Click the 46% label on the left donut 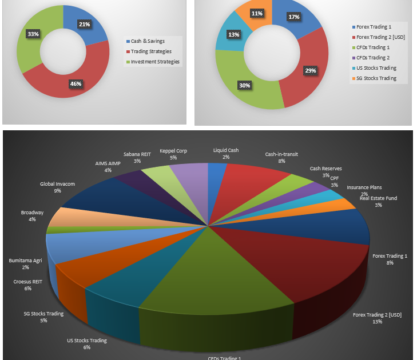tap(76, 84)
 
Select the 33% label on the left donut tap(33, 34)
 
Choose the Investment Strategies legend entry tap(154, 62)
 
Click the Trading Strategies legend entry tap(151, 51)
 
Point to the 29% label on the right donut tap(311, 70)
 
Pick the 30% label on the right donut tap(244, 85)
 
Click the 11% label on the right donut tap(257, 14)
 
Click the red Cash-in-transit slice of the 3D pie tap(252, 180)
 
